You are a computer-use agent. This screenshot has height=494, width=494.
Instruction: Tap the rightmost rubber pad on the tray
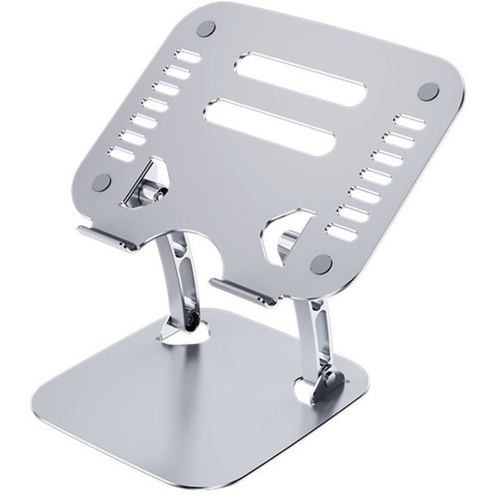[x=428, y=90]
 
